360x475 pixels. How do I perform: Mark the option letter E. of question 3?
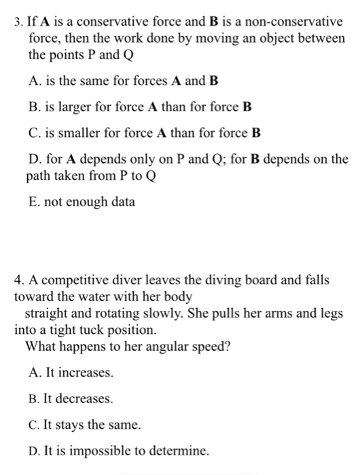35,202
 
